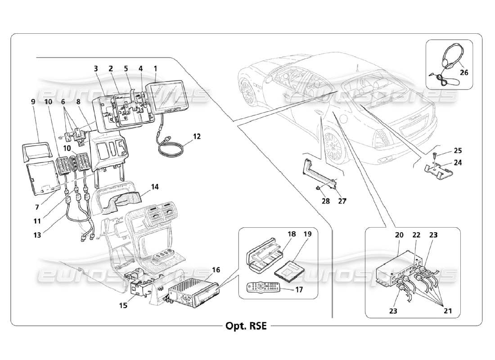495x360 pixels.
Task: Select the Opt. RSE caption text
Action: pyautogui.click(x=246, y=326)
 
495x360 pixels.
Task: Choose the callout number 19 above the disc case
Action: pyautogui.click(x=307, y=234)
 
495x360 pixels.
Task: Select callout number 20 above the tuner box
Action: pyautogui.click(x=399, y=234)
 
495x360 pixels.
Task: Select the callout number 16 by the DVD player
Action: pyautogui.click(x=216, y=270)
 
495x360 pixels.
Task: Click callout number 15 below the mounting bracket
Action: pyautogui.click(x=124, y=306)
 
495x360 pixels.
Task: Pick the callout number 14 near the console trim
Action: pyautogui.click(x=155, y=186)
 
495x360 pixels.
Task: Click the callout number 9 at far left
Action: pyautogui.click(x=33, y=102)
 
